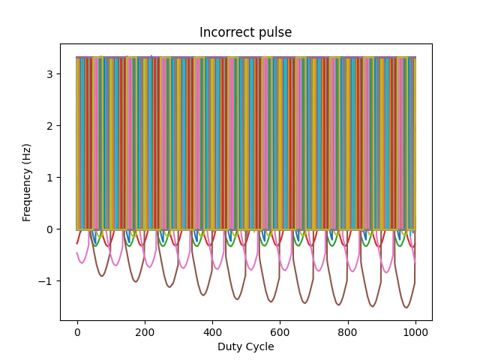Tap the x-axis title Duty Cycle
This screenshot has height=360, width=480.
(x=245, y=346)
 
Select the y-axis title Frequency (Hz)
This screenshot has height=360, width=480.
(x=27, y=182)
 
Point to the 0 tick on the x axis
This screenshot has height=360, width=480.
(x=77, y=332)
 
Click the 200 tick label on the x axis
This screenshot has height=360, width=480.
(x=145, y=332)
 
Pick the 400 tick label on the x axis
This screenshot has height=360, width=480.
(x=212, y=332)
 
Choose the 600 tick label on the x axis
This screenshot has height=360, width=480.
(x=280, y=332)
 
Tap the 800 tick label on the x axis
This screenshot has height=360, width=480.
(x=347, y=332)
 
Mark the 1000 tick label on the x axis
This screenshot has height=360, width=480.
(x=415, y=332)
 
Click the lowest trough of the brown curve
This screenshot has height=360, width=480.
(x=406, y=307)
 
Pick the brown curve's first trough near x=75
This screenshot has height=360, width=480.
(x=102, y=276)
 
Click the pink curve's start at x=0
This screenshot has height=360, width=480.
(x=77, y=253)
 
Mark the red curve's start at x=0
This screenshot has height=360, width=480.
(x=77, y=243)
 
